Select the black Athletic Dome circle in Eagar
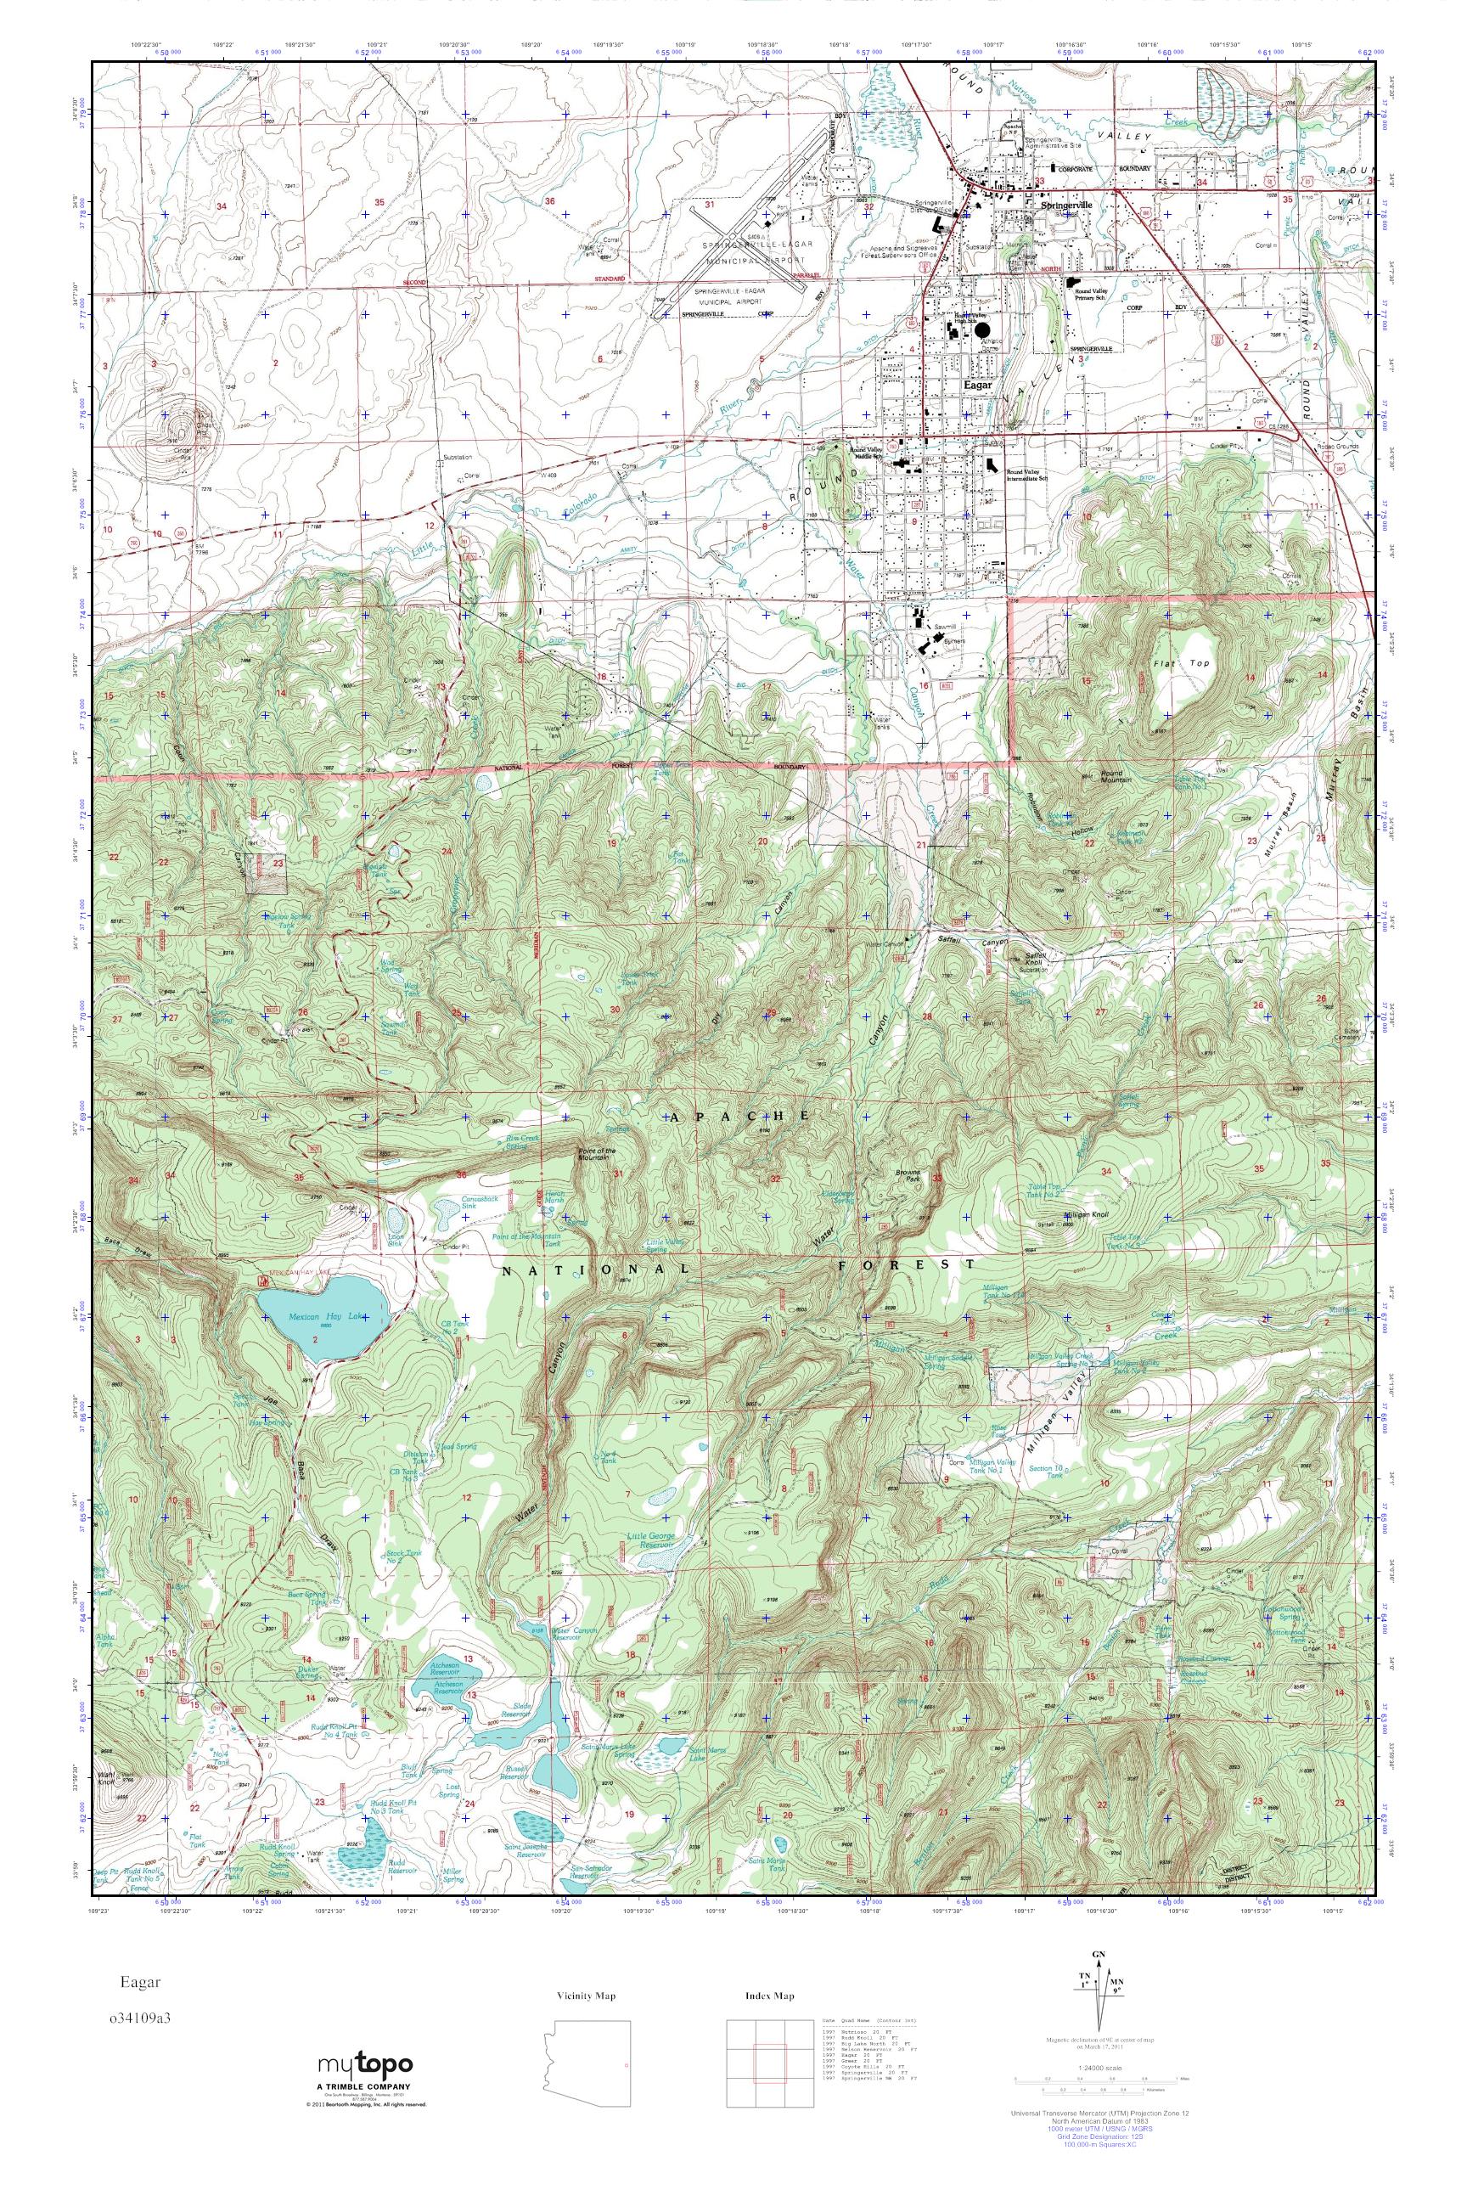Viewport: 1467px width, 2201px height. (x=981, y=330)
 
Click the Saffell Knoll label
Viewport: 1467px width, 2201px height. (x=1030, y=956)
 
